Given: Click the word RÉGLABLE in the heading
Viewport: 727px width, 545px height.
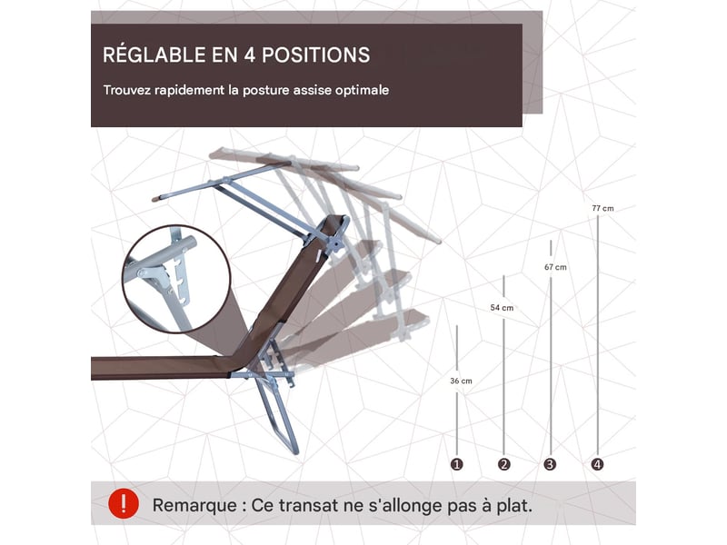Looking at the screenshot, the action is pos(154,54).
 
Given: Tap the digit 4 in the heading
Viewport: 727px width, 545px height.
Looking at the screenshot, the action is pos(249,55).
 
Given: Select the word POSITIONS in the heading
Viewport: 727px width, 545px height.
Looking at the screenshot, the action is pos(315,55).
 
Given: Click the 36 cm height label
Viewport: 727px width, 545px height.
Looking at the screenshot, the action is pos(461,381).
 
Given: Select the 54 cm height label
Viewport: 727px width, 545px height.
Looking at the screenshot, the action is pos(502,308).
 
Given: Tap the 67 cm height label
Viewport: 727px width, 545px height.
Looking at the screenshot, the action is pos(555,267).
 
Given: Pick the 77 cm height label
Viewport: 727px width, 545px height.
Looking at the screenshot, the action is pos(603,209).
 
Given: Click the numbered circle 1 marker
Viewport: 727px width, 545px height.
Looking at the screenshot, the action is pos(457,464).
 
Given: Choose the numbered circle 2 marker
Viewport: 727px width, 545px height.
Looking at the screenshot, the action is pos(504,464).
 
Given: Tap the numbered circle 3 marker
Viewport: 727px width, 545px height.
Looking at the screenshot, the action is pos(551,464).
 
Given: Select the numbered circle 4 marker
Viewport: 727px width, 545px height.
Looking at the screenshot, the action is pos(598,464).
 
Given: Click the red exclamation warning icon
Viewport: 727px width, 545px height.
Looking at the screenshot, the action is pos(124,503).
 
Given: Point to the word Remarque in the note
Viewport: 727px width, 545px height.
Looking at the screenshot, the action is pos(194,505).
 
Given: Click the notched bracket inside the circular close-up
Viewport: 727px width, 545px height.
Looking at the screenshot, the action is pos(179,281).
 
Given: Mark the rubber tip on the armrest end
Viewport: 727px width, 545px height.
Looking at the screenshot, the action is pos(155,200).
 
